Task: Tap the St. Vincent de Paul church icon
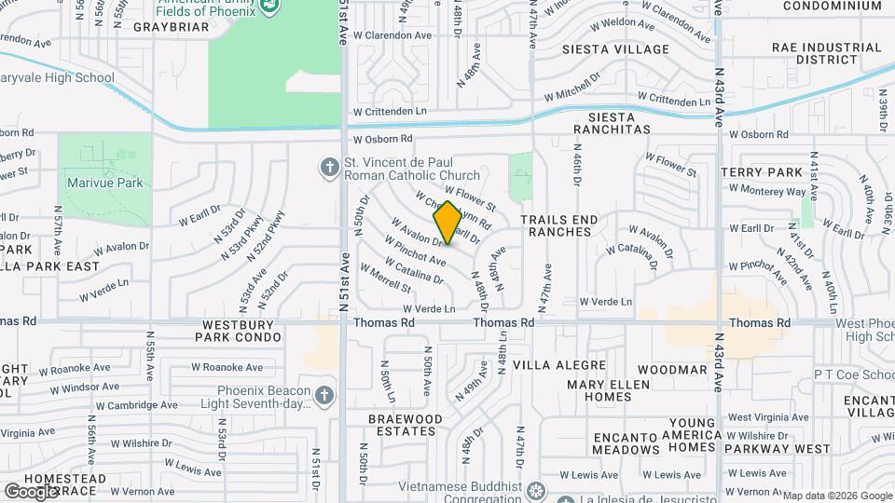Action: [328, 168]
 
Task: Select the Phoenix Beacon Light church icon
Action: [324, 396]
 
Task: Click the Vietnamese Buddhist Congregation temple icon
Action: [536, 490]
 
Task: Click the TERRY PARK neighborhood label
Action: [762, 172]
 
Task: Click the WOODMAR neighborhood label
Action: [679, 370]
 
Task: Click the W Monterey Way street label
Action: [767, 190]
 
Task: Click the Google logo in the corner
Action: [31, 491]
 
